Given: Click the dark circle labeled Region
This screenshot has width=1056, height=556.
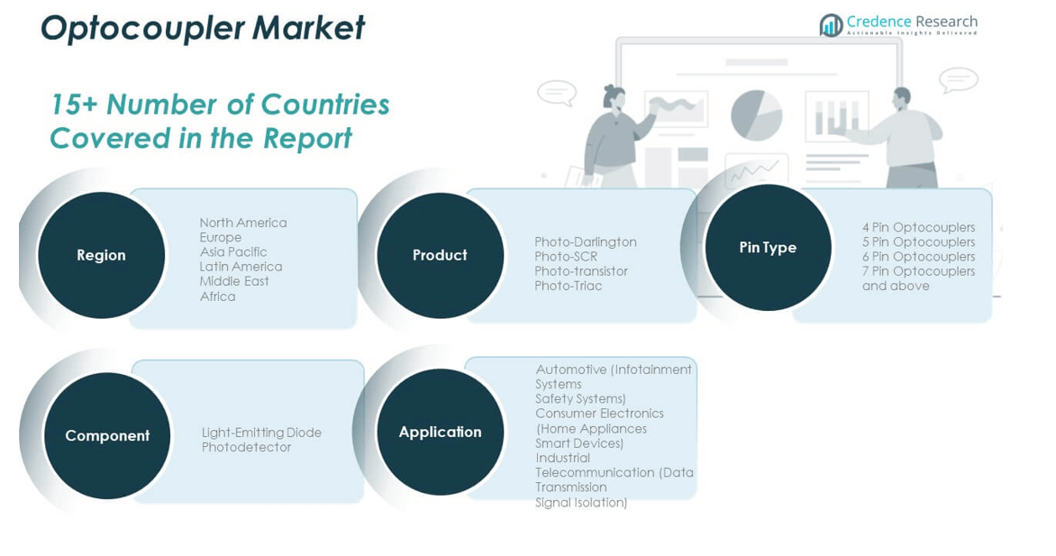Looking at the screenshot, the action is tap(101, 255).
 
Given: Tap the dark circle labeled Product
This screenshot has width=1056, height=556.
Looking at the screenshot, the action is tap(440, 255).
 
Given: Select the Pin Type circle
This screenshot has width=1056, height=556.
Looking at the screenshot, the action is tap(768, 247).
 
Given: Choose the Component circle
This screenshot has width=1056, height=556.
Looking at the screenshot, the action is tap(107, 435).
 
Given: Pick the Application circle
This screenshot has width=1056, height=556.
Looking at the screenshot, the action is tap(440, 432).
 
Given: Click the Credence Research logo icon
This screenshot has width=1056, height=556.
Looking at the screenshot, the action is tap(831, 25).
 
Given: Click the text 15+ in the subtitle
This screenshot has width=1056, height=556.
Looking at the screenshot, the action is tap(75, 105).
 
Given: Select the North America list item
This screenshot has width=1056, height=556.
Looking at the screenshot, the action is tap(243, 223).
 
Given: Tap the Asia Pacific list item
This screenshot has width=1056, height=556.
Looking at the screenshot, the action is tap(233, 252).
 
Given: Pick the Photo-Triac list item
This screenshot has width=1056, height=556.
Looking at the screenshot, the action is tap(569, 286).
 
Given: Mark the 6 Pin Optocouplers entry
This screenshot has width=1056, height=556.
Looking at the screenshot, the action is tap(919, 257).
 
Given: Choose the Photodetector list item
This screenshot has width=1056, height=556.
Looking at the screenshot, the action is tap(247, 447).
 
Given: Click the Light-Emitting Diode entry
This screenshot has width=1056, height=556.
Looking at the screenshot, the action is tap(261, 433).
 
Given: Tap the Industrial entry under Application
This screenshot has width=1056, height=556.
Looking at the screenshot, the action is tap(562, 459).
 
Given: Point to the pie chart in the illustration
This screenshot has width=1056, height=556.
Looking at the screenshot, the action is tap(756, 115).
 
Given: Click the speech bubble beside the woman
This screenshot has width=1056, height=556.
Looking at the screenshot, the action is tap(557, 93).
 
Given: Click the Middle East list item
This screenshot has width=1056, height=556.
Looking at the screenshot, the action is tap(233, 281).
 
